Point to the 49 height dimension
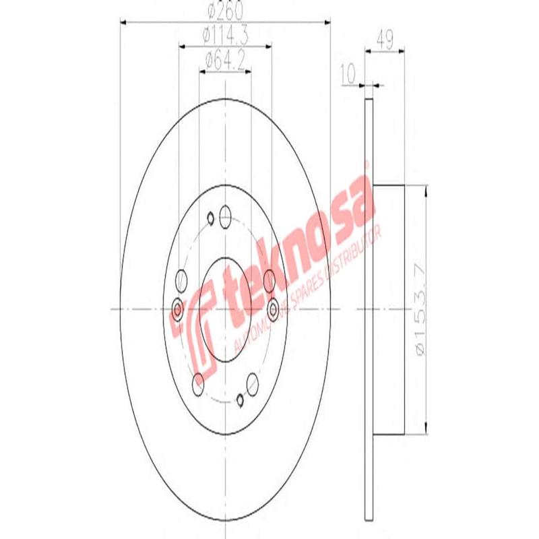(x=385, y=39)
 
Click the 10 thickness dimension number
(x=348, y=70)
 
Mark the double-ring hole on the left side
(x=178, y=309)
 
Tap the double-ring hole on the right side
(x=273, y=309)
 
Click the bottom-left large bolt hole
(x=198, y=384)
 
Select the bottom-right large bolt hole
(x=252, y=384)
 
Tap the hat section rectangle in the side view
(x=389, y=310)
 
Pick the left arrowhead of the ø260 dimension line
(x=123, y=22)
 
